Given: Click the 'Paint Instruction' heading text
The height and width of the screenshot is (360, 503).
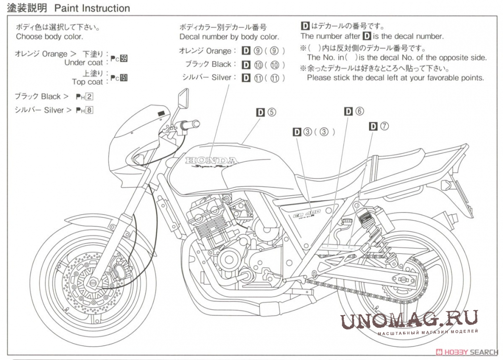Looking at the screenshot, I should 92,8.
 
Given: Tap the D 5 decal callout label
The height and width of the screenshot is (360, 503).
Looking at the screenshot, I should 266,112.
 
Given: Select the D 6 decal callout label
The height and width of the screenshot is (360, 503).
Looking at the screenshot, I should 354,111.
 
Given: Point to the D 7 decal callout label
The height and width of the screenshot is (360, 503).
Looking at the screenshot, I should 379,126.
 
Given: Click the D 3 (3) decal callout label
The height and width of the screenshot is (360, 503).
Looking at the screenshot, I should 314,132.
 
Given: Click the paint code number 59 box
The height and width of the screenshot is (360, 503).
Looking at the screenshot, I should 124,59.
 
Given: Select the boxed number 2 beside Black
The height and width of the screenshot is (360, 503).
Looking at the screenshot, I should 89,97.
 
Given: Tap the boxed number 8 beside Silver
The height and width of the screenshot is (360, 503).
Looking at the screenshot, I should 89,110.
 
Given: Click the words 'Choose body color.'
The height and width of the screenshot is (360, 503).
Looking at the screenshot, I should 49,36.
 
